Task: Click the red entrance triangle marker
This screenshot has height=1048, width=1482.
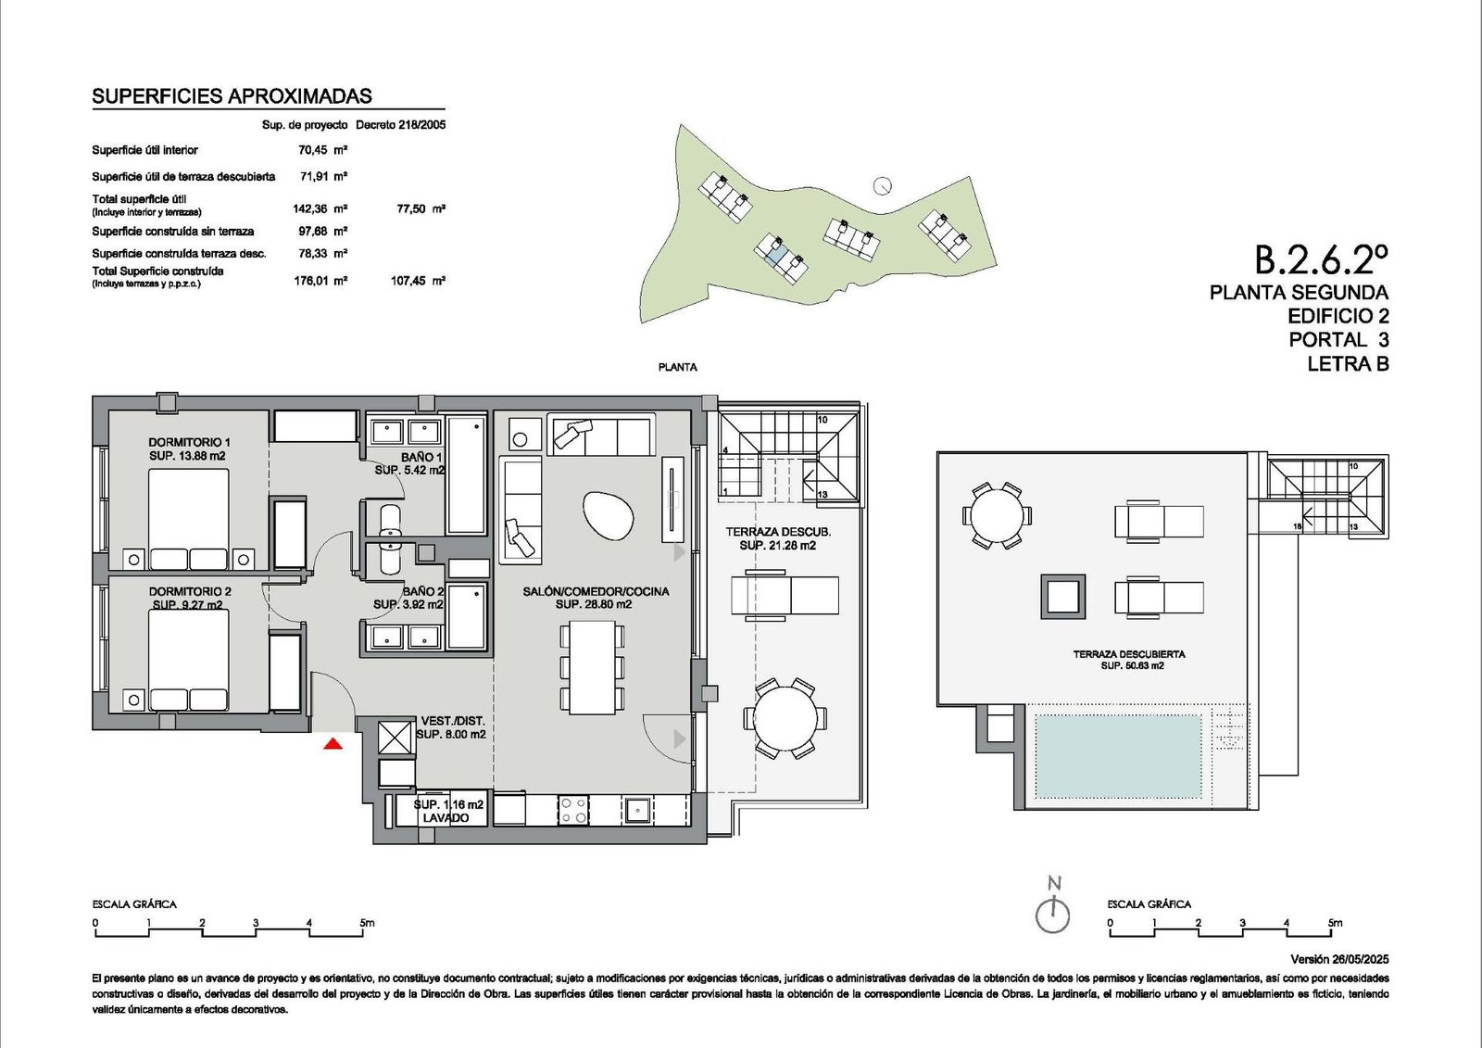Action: click(333, 744)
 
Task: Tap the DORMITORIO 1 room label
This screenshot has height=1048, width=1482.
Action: click(189, 442)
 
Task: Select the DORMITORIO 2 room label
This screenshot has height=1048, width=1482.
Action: click(190, 591)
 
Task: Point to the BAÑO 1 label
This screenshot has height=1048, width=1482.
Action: click(421, 457)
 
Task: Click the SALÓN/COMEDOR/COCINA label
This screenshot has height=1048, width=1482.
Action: click(596, 591)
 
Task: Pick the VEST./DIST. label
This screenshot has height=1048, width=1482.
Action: click(453, 721)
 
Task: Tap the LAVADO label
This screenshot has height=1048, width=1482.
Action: click(446, 817)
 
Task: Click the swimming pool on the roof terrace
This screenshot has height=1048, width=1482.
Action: click(1118, 756)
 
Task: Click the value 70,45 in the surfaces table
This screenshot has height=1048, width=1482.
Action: click(312, 149)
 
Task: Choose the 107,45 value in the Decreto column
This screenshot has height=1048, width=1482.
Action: click(408, 281)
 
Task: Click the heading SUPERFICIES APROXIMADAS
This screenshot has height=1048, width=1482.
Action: click(232, 96)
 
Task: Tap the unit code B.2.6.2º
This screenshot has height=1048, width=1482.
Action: click(1321, 259)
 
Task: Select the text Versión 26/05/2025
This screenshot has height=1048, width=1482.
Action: click(1339, 959)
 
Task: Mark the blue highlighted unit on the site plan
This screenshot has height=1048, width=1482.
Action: click(774, 251)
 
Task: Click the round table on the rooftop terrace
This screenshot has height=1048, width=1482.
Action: click(997, 516)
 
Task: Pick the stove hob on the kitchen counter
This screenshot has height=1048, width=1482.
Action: click(573, 810)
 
